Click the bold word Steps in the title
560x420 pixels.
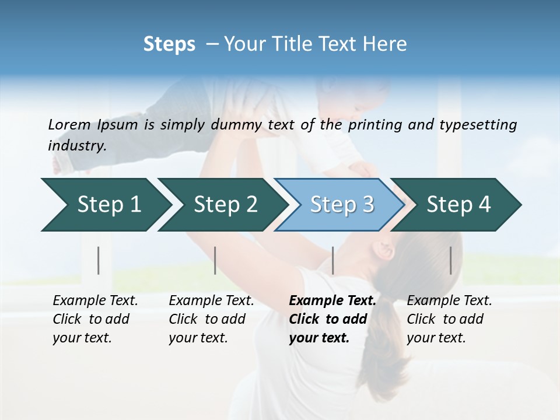tap(169, 44)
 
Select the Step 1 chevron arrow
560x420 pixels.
tap(105, 204)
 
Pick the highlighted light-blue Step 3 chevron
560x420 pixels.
tap(341, 204)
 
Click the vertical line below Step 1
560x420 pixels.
tap(98, 260)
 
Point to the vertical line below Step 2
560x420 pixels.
tap(215, 260)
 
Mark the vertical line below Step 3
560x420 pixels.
tap(332, 260)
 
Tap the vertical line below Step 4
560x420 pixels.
tap(451, 260)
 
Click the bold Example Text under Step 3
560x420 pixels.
tap(332, 301)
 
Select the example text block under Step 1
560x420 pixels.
tap(95, 319)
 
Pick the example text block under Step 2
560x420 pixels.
tap(211, 319)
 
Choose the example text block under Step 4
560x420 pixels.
tap(449, 319)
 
